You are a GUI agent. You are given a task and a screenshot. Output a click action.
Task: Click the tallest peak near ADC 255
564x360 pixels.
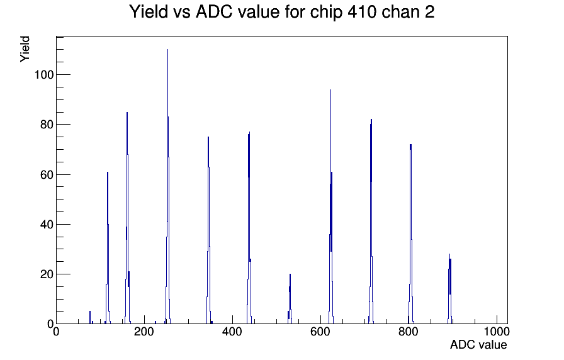[167, 187]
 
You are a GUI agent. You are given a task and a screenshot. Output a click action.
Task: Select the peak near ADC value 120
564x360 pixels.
[108, 248]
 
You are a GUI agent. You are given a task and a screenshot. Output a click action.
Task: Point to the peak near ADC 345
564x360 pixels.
[208, 230]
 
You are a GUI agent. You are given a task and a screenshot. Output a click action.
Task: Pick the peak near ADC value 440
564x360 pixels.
[249, 228]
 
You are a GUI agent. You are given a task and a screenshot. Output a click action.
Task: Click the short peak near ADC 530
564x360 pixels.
[290, 299]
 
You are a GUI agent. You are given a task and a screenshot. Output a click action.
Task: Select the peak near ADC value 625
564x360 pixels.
[331, 207]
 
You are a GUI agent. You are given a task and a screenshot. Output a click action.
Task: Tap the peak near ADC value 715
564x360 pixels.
[371, 221]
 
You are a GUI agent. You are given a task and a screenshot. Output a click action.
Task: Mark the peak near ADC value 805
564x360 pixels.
[410, 233]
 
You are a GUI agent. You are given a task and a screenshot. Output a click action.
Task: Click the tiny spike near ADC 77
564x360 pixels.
[90, 318]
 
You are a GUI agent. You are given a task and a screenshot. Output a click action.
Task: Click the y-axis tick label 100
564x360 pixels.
[44, 75]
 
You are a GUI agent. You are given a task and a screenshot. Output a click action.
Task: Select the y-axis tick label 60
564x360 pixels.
[47, 175]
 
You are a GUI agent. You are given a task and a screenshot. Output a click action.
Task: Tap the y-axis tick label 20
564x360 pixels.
[47, 274]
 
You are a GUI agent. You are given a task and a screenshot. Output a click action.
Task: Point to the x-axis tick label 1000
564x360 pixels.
[497, 332]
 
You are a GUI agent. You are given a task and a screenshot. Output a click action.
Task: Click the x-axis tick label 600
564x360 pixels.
[320, 332]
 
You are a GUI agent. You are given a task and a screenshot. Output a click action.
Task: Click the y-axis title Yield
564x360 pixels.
[25, 49]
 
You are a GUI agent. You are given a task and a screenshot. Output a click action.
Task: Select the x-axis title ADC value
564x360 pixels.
[478, 345]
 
